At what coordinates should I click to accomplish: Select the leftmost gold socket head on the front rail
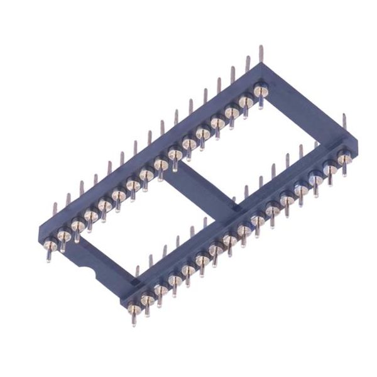(133, 307)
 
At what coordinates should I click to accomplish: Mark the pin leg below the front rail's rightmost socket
(345, 170)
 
